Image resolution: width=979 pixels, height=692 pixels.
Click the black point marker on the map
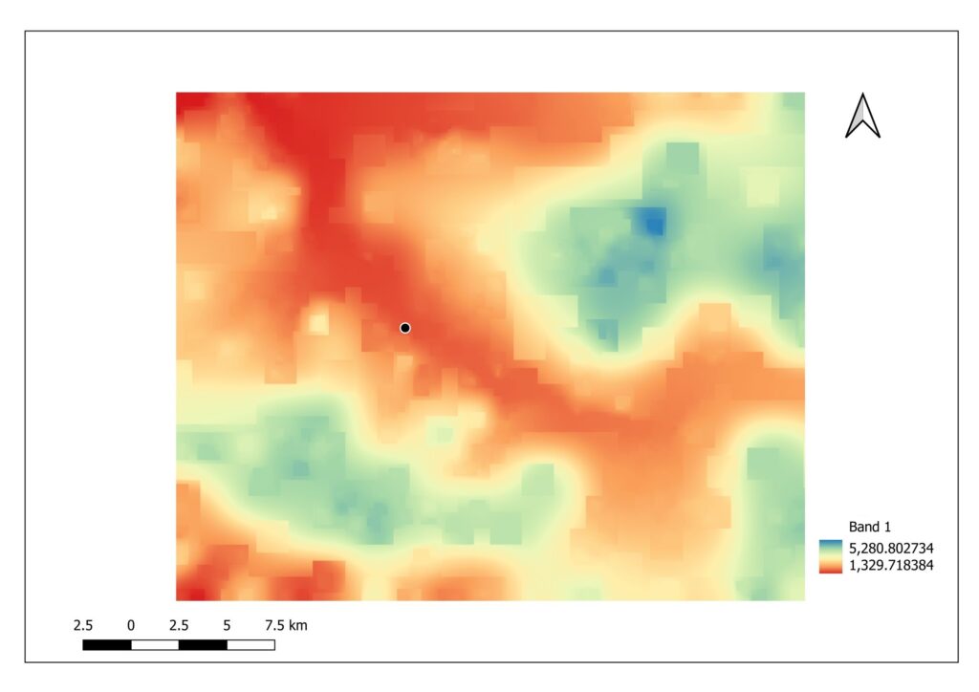click(x=405, y=328)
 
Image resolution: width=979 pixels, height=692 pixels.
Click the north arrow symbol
click(x=862, y=116)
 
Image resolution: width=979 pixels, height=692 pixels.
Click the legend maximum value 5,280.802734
click(x=889, y=548)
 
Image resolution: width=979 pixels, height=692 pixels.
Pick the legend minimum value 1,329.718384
click(x=889, y=566)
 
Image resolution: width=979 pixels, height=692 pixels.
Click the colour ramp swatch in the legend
click(x=829, y=556)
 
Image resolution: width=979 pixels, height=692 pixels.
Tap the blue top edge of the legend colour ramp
click(x=829, y=542)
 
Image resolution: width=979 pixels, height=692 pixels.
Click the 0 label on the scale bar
click(x=131, y=626)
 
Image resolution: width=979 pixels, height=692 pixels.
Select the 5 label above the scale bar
click(x=227, y=626)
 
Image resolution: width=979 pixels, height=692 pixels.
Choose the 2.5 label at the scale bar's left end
click(x=83, y=626)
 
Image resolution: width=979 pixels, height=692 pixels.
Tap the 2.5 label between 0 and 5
click(x=179, y=626)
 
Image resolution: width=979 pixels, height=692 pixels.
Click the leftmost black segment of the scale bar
click(x=107, y=645)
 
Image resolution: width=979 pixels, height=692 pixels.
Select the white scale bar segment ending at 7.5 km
click(x=250, y=645)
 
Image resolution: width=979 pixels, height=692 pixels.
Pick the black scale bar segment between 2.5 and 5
click(x=203, y=645)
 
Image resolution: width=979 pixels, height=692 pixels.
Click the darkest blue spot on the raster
click(x=654, y=224)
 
